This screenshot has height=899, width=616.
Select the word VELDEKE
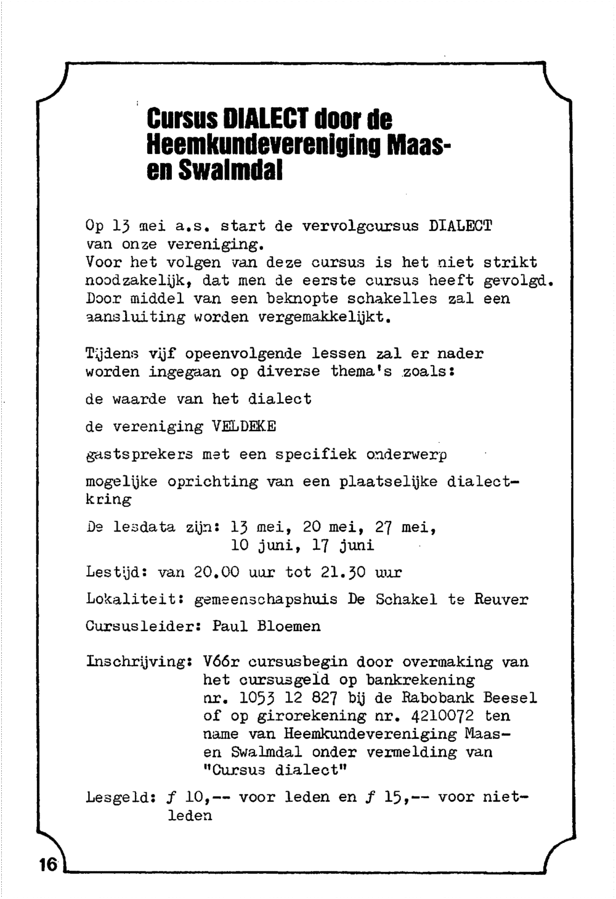pyautogui.click(x=244, y=427)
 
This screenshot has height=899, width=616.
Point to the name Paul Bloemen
pyautogui.click(x=266, y=627)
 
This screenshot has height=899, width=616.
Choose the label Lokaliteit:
pyautogui.click(x=136, y=600)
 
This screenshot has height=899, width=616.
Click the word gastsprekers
pyautogui.click(x=139, y=455)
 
